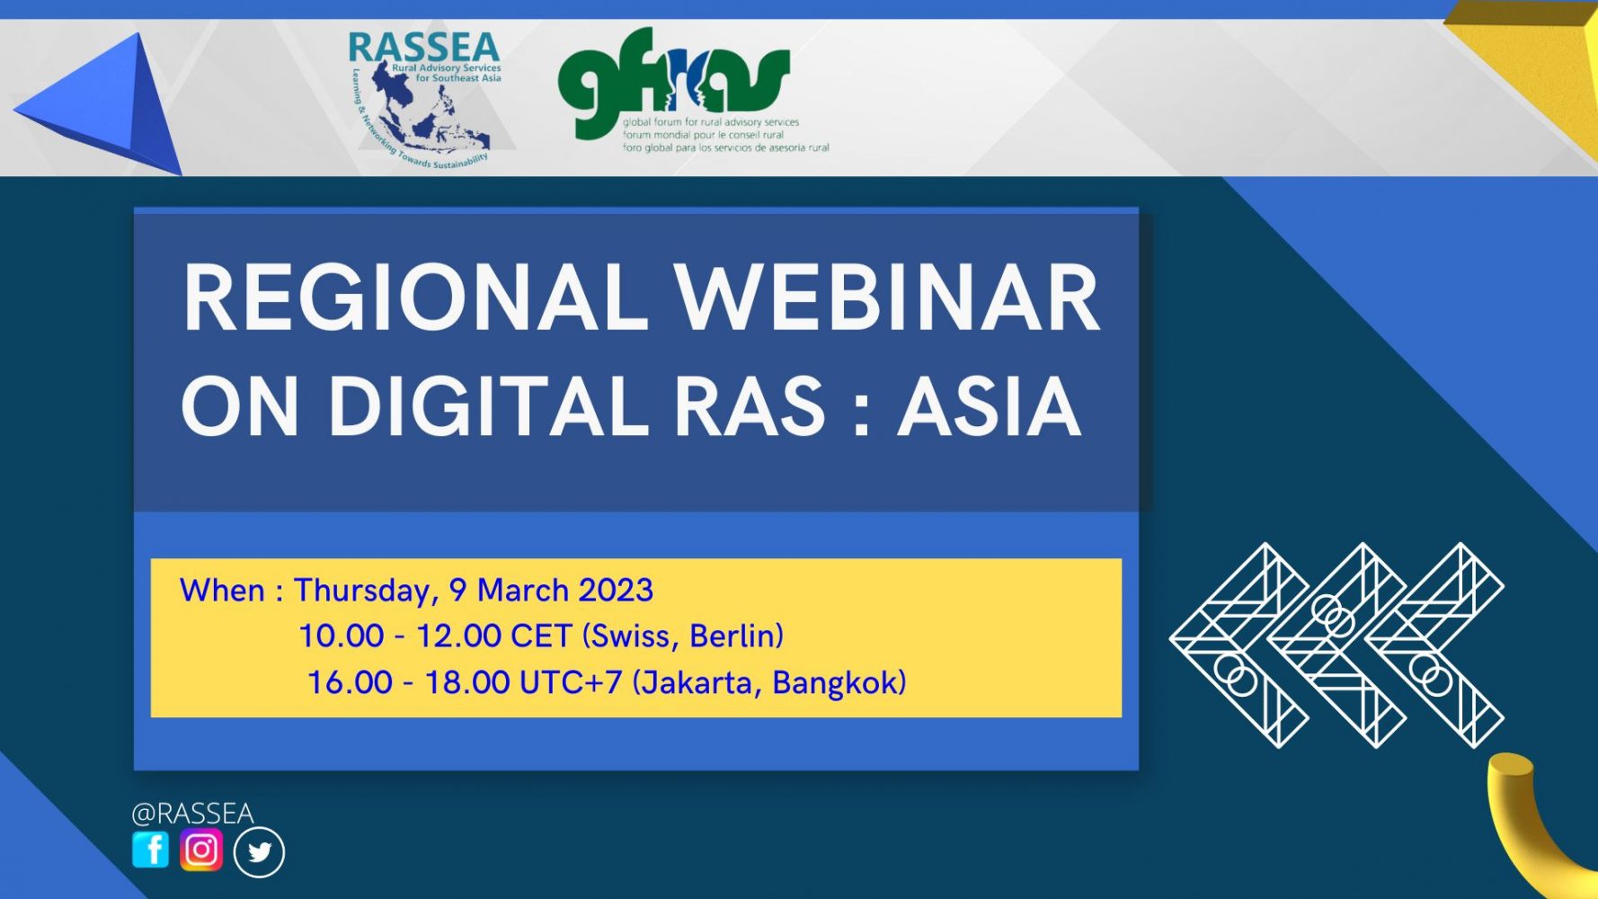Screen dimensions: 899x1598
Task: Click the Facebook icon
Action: (150, 850)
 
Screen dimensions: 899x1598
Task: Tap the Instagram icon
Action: (201, 850)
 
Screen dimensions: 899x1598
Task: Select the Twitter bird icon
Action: (259, 852)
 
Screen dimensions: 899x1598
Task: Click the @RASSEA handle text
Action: (192, 814)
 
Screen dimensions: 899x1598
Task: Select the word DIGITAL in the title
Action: (487, 407)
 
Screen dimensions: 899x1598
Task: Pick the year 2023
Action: (615, 591)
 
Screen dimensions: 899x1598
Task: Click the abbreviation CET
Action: (540, 636)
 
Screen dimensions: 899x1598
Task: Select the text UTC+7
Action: (571, 682)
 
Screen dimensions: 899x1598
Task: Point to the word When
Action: (222, 591)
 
